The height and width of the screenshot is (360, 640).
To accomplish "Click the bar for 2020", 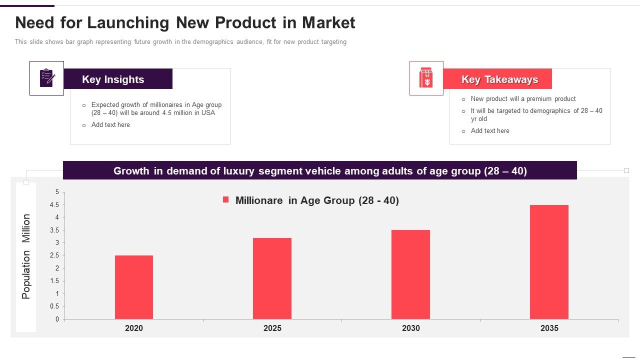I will point(134,287).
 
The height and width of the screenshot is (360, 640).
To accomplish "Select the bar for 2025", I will point(272,278).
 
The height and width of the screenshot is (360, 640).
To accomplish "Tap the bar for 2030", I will point(410,274).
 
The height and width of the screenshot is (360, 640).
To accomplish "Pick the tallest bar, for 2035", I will point(549,262).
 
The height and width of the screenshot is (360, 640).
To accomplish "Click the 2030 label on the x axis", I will point(410,328).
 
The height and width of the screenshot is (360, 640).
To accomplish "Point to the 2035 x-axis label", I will point(549,328).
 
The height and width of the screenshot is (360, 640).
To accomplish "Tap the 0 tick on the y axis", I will point(57,319).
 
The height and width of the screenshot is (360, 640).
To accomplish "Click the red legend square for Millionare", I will point(225,200).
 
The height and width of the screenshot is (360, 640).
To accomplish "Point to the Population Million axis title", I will point(26,256).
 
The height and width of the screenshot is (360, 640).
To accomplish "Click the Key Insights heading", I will point(113,79).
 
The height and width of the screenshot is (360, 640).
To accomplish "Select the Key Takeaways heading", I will point(499,79).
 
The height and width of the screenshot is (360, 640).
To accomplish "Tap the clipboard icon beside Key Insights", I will point(47,78).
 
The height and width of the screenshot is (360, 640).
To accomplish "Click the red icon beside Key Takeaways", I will point(426,78).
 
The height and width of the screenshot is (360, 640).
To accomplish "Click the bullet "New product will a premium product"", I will point(523,99).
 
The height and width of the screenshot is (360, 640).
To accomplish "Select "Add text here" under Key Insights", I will point(110,125).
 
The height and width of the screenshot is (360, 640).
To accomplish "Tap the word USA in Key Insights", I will point(208,113).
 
